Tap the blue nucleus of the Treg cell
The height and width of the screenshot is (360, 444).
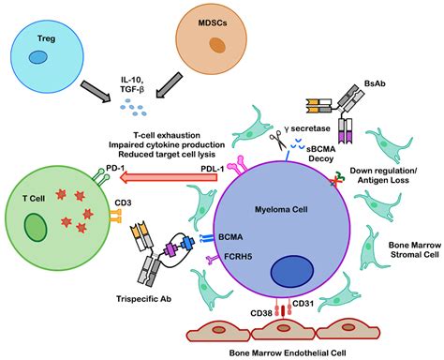pyautogui.click(x=38, y=58)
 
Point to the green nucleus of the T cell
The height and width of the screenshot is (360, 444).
pyautogui.click(x=38, y=228)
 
